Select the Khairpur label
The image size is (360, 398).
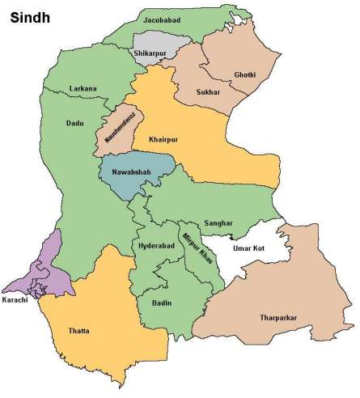pyautogui.click(x=161, y=138)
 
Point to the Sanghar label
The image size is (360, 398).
pyautogui.click(x=218, y=223)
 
